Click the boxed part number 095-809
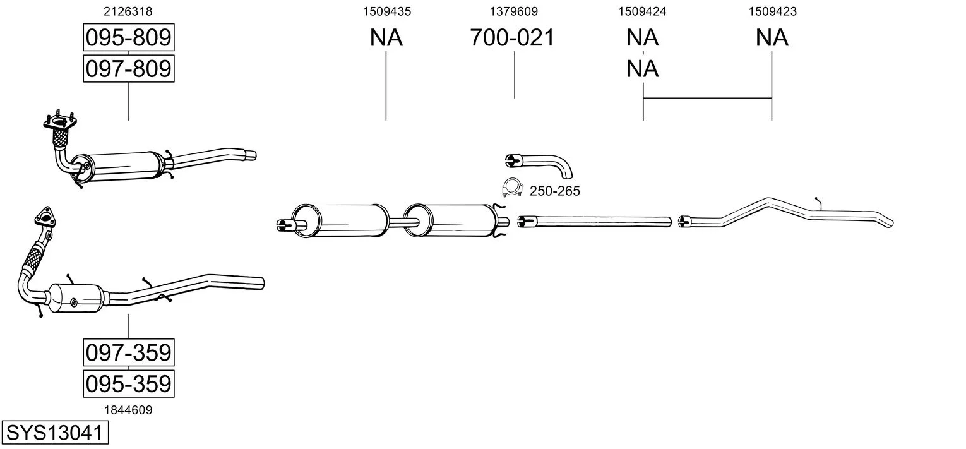click(129, 37)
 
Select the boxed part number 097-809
click(129, 69)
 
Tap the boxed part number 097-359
click(129, 353)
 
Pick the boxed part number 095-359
click(129, 384)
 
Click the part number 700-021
click(512, 37)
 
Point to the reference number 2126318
click(128, 11)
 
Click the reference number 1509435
click(387, 11)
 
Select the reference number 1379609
click(513, 11)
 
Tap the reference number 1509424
click(642, 11)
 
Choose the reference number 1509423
click(772, 11)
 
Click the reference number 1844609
click(128, 410)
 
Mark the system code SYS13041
click(55, 433)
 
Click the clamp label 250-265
click(554, 191)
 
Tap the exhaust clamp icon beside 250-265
click(512, 188)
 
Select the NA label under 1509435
click(386, 37)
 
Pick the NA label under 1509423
click(772, 37)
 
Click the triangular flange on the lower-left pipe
click(45, 217)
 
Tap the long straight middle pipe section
click(594, 221)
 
